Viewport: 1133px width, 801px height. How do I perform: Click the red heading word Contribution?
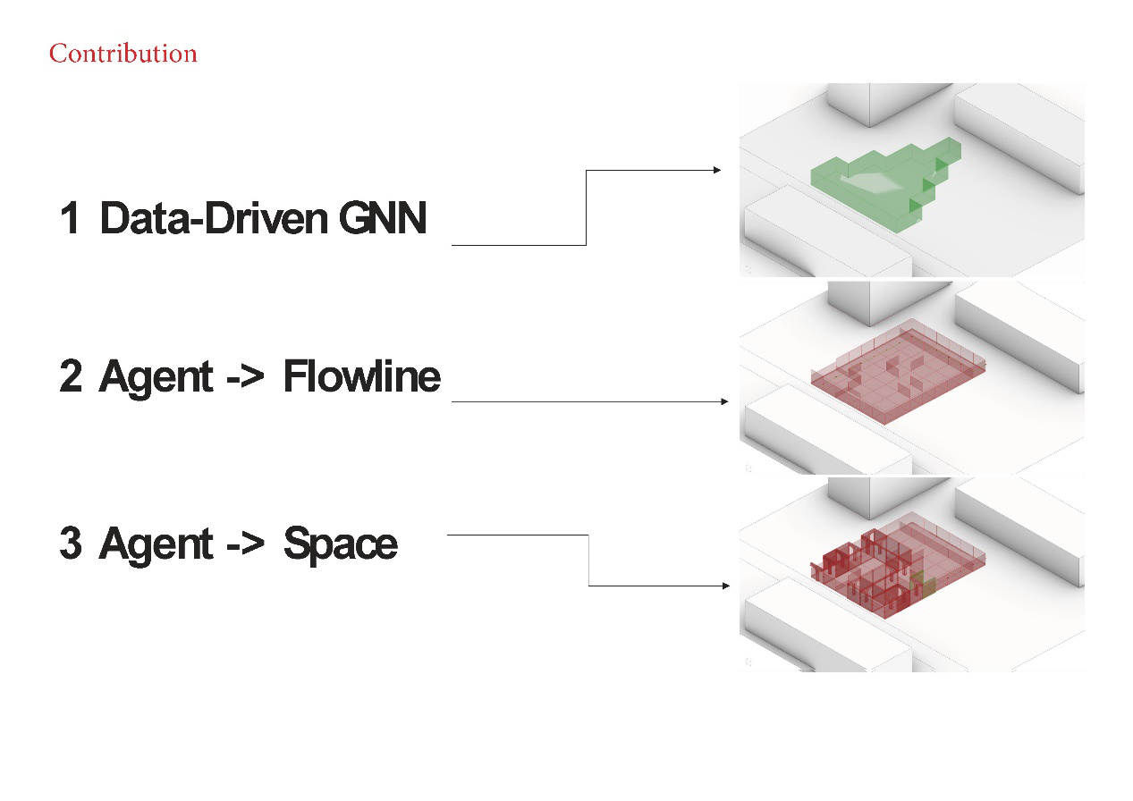[123, 54]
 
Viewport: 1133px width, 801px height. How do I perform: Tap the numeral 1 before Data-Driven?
[70, 218]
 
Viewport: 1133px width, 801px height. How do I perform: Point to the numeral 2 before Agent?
[71, 376]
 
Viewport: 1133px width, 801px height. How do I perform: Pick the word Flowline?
[361, 376]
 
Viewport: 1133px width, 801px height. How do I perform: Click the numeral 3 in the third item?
[71, 544]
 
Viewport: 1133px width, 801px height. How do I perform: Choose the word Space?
[340, 544]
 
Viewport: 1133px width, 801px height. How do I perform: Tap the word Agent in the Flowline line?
[156, 376]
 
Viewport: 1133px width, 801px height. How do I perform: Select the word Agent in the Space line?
[156, 544]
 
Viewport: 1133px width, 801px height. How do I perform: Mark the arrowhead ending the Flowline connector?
[724, 402]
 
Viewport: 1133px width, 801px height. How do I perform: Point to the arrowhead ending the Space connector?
[724, 586]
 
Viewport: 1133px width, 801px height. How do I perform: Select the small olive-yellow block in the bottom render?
[923, 586]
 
